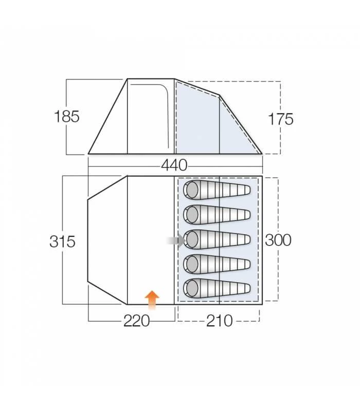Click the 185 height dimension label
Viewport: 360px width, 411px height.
click(x=67, y=117)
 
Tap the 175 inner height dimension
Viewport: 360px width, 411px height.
click(x=280, y=119)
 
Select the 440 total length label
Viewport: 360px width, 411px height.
click(x=174, y=165)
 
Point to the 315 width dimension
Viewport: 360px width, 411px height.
click(x=62, y=241)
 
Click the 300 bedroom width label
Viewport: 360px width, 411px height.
click(x=278, y=240)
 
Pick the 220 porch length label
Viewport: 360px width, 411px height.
click(x=136, y=321)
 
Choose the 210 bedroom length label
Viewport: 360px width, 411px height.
click(x=220, y=321)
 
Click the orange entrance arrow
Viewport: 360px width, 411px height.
click(x=152, y=300)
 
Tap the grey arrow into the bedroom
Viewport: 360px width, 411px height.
click(x=176, y=240)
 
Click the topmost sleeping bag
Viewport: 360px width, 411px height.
click(x=217, y=190)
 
